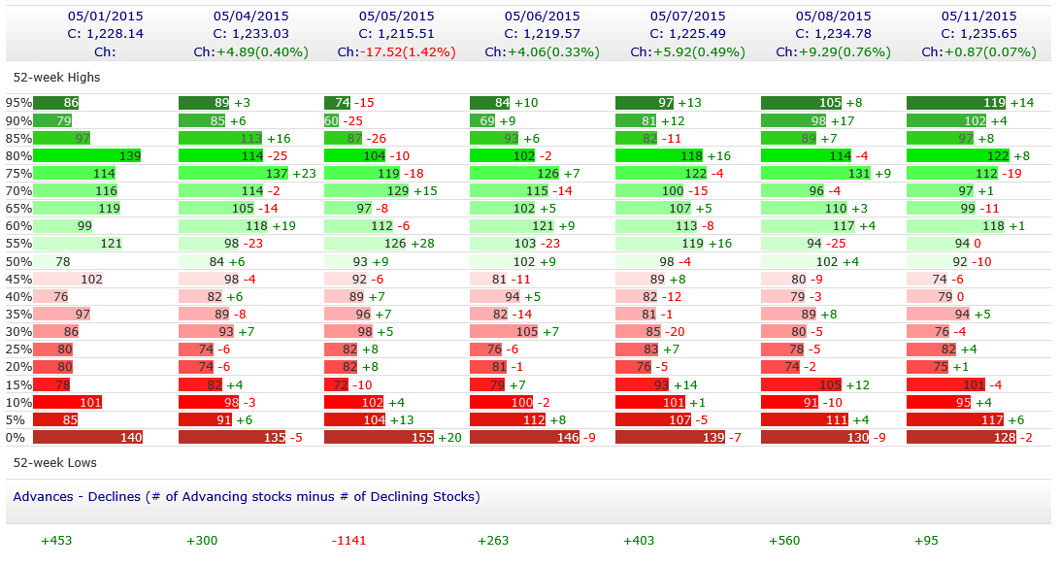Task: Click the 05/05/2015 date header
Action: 396,16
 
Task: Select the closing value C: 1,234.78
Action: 833,33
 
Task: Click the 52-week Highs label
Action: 56,77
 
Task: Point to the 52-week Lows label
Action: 55,463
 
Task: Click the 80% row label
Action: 18,155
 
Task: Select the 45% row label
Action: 18,280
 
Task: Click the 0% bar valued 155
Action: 379,438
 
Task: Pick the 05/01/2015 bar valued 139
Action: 87,155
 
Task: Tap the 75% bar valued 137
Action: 234,173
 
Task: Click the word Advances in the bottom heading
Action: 43,496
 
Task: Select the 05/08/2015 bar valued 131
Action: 815,173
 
